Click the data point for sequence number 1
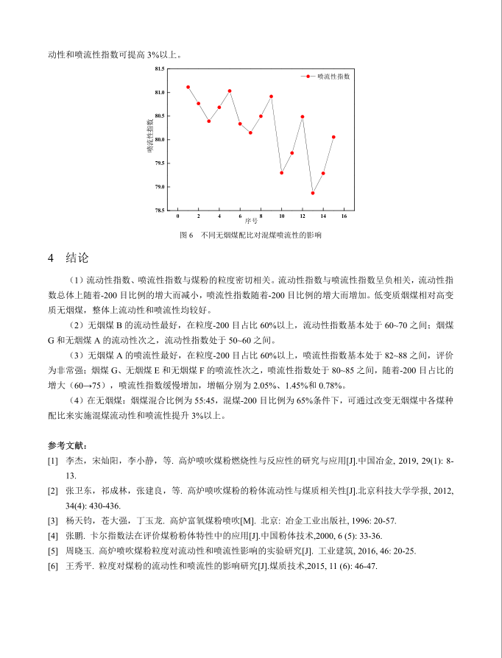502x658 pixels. (188, 87)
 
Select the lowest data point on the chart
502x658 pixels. (313, 193)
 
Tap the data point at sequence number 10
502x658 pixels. (281, 173)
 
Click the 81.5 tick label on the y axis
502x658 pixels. (159, 69)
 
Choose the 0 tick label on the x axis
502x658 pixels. (177, 216)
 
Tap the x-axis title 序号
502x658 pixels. (261, 222)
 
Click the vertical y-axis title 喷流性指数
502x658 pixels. (149, 136)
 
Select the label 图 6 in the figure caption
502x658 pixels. (185, 236)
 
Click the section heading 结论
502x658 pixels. (77, 258)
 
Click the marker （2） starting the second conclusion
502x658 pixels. (76, 325)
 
